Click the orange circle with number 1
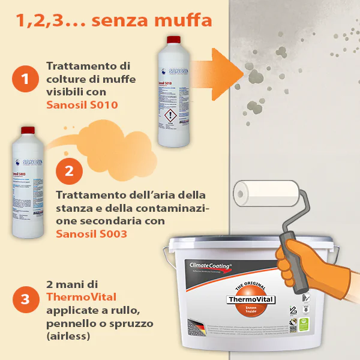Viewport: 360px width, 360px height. coord(25,79)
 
